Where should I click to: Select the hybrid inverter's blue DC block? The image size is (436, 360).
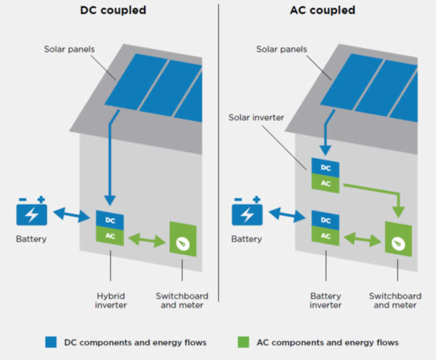pos(110,220)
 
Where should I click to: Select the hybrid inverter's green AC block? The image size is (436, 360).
pos(110,236)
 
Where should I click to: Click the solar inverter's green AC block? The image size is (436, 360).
pos(325,183)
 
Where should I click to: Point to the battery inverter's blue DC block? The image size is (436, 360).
pos(325,219)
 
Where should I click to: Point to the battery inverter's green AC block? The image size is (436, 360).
pos(325,236)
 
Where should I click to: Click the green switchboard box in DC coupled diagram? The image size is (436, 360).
pos(182,239)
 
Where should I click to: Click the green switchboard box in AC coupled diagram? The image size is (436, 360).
pos(398,239)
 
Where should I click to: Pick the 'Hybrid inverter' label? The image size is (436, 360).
pos(110,300)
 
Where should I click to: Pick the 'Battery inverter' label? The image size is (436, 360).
pos(326,300)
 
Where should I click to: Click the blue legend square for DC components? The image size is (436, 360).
pos(51,342)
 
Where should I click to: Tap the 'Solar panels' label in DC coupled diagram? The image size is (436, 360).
pos(69,49)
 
